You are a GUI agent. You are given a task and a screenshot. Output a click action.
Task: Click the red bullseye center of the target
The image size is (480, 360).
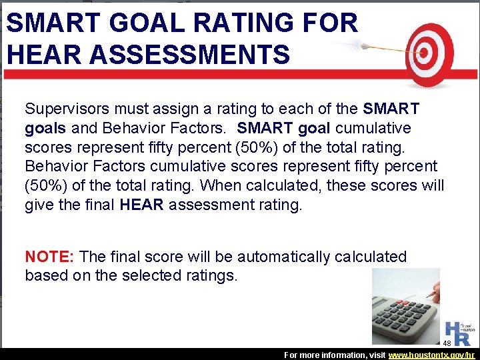point(423,51)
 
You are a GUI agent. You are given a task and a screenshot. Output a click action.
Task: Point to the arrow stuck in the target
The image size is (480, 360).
point(373,47)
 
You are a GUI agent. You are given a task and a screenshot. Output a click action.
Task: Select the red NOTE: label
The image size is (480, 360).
point(49,257)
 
